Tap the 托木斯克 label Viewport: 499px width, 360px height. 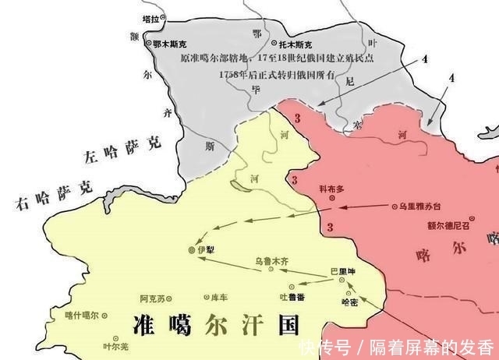[x=299, y=44]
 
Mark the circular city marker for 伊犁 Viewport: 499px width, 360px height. [x=193, y=250]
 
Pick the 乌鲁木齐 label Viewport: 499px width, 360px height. [x=272, y=263]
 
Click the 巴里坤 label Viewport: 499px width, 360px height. [x=342, y=272]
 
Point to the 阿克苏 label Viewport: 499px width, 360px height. [x=152, y=298]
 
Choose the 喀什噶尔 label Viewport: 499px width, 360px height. [x=82, y=315]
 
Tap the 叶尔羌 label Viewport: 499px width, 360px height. [x=114, y=347]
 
